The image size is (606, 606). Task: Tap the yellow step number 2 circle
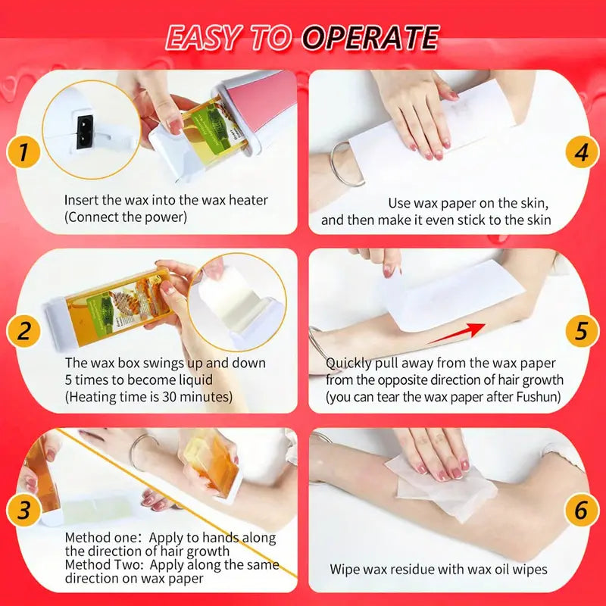(23, 331)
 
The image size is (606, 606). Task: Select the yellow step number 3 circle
(23, 510)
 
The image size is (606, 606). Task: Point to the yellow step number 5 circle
(581, 331)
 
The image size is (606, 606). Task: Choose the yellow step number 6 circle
(581, 510)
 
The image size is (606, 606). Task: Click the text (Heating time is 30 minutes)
(148, 396)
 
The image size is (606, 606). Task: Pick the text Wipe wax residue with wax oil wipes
(438, 569)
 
